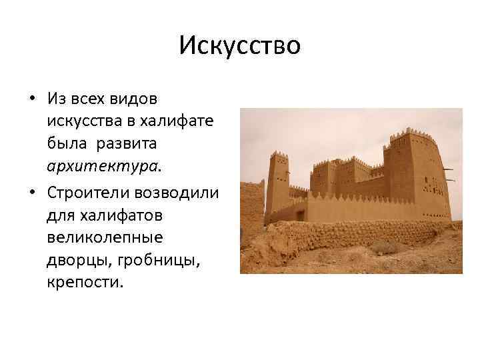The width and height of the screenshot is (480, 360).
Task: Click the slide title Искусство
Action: pyautogui.click(x=240, y=46)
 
